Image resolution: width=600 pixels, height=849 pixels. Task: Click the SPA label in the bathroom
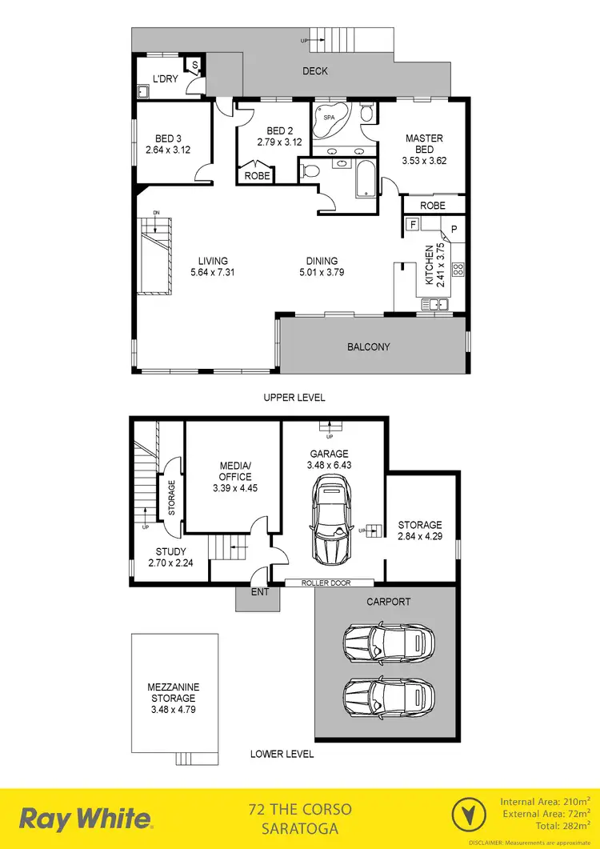click(x=328, y=117)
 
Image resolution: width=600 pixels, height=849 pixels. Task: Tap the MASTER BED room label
click(x=424, y=144)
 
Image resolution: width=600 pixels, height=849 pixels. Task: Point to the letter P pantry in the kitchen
click(x=453, y=230)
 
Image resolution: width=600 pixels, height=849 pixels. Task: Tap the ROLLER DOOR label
click(x=328, y=583)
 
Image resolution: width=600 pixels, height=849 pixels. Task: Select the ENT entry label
click(x=260, y=592)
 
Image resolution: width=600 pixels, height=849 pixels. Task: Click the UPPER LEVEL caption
click(x=294, y=397)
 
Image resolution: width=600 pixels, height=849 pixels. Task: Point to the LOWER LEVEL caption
click(x=282, y=754)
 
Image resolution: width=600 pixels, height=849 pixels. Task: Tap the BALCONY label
click(x=368, y=347)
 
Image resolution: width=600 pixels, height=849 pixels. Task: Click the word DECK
click(x=315, y=71)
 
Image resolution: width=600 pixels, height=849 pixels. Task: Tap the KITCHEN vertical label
click(x=430, y=266)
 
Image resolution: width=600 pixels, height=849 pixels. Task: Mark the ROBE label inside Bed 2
click(x=257, y=175)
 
